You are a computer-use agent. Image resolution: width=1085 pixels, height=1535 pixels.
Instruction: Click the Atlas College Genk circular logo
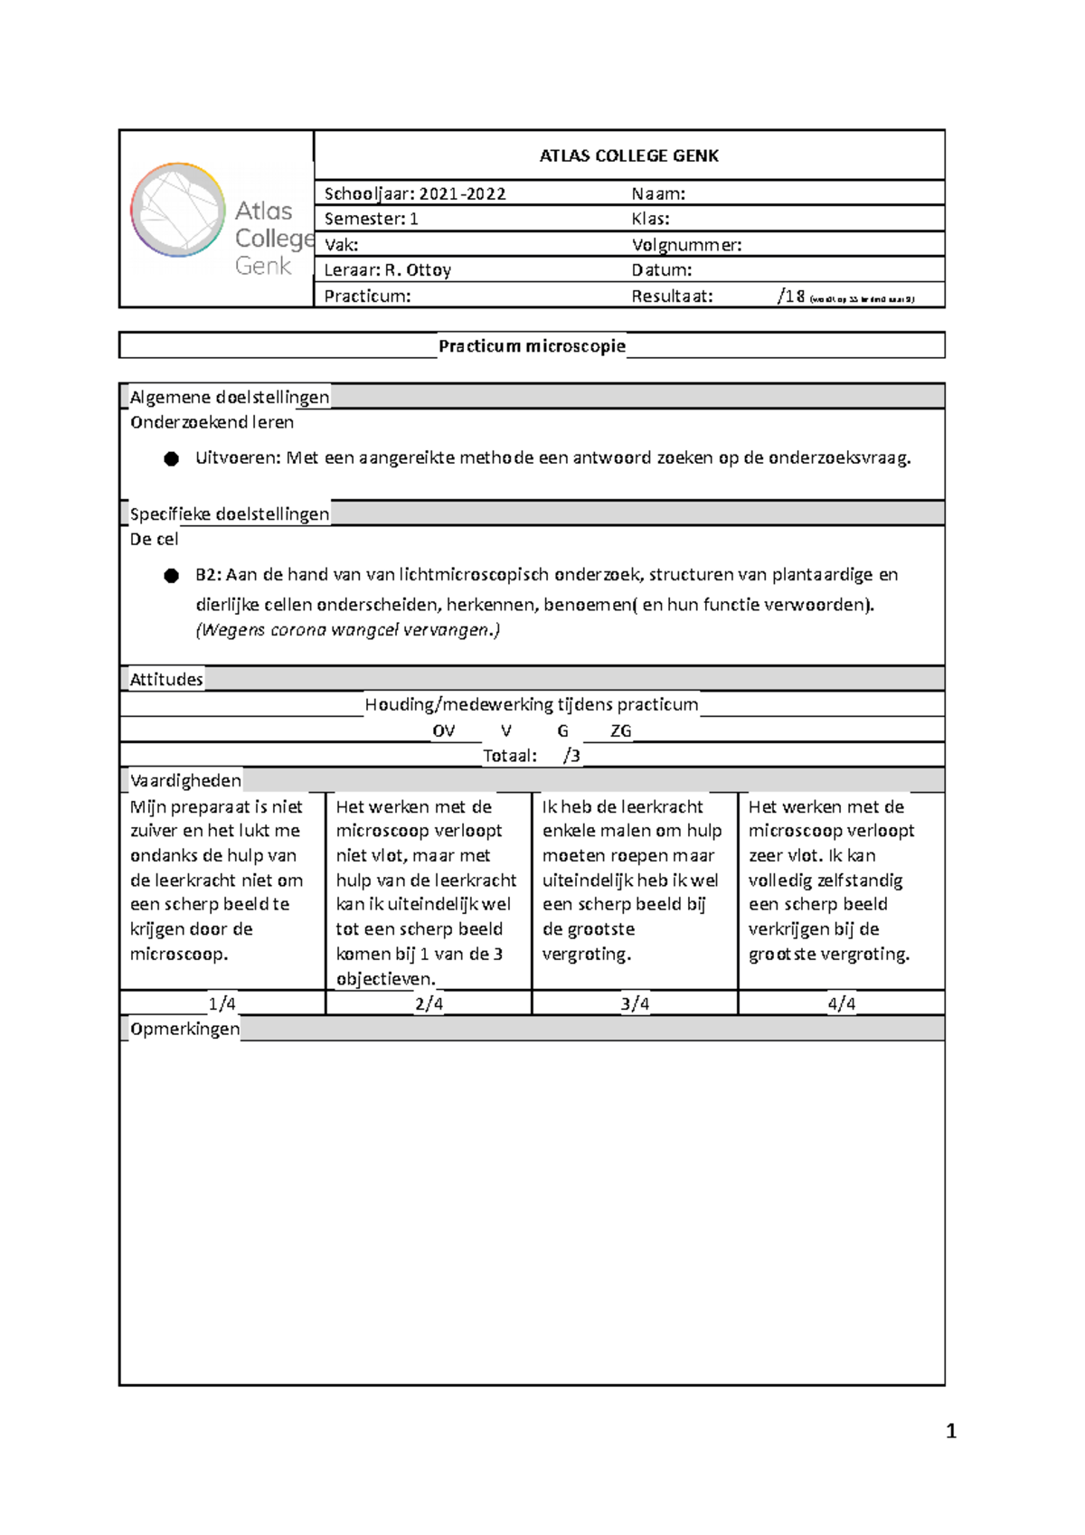pyautogui.click(x=177, y=210)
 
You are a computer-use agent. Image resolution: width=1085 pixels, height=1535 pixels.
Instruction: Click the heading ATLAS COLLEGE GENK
pyautogui.click(x=628, y=155)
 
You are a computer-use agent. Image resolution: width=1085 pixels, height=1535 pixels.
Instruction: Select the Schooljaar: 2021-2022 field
pyautogui.click(x=415, y=193)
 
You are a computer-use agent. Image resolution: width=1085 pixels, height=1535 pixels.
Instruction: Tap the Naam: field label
pyautogui.click(x=658, y=193)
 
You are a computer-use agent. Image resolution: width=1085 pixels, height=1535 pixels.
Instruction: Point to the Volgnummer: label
pyautogui.click(x=686, y=244)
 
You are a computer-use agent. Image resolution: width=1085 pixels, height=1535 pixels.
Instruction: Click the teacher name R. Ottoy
pyautogui.click(x=417, y=269)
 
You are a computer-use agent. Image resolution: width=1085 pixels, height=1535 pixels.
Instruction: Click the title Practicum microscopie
pyautogui.click(x=532, y=345)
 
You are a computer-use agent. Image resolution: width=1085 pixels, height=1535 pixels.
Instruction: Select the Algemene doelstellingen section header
pyautogui.click(x=229, y=397)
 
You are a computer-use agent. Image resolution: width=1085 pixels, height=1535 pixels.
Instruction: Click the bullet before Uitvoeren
pyautogui.click(x=171, y=459)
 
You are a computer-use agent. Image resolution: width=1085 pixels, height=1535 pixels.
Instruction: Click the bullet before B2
pyautogui.click(x=171, y=576)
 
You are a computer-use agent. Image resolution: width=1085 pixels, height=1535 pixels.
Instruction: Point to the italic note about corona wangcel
pyautogui.click(x=347, y=630)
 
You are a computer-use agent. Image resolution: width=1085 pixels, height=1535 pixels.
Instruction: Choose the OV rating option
pyautogui.click(x=443, y=730)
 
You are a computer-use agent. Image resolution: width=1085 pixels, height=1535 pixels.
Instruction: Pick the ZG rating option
pyautogui.click(x=620, y=730)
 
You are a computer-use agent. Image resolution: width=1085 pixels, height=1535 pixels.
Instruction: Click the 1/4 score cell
pyautogui.click(x=222, y=1003)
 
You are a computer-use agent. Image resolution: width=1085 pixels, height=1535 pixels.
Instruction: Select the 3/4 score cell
pyautogui.click(x=635, y=1003)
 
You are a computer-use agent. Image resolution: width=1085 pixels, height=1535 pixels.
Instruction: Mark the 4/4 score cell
pyautogui.click(x=841, y=1003)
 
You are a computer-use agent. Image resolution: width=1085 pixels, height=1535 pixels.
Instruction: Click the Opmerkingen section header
pyautogui.click(x=184, y=1029)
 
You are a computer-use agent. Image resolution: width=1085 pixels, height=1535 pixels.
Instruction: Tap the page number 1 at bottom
pyautogui.click(x=950, y=1431)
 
